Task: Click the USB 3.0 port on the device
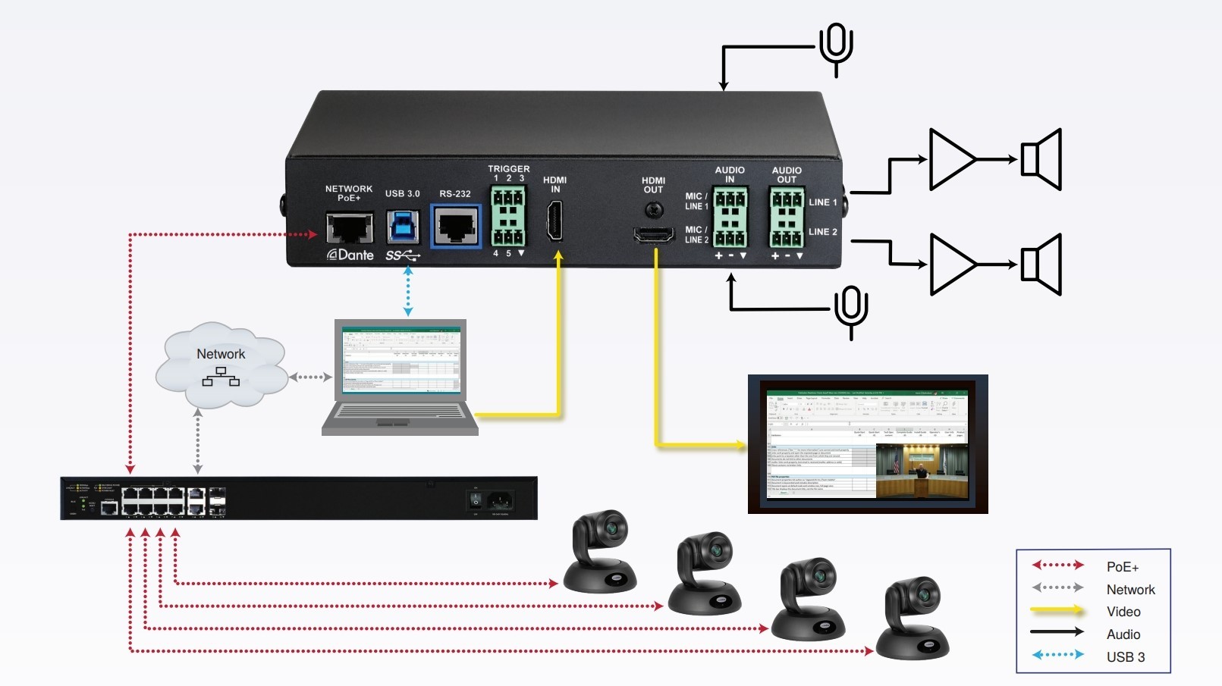[402, 226]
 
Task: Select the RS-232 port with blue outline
[456, 226]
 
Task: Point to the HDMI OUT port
[654, 235]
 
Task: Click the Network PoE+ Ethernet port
[350, 227]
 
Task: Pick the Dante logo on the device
[350, 255]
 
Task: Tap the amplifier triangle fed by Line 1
[951, 159]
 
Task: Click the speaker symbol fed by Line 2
[1042, 265]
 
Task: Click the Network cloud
[221, 365]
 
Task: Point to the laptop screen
[401, 360]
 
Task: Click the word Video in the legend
[1123, 612]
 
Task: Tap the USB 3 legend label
[1126, 657]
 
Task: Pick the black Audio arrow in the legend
[1057, 631]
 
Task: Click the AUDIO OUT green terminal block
[787, 218]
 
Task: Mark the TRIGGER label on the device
[509, 168]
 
